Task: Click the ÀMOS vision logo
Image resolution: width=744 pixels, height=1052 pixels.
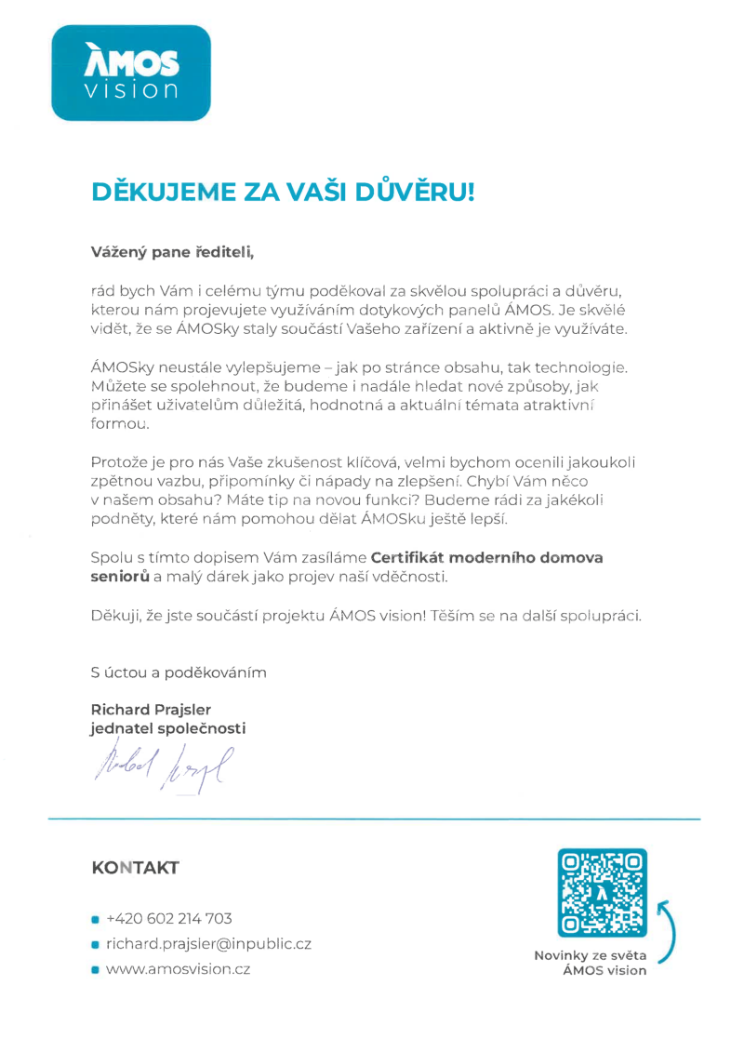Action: pos(131,73)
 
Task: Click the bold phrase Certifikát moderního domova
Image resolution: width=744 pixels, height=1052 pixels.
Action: pos(487,558)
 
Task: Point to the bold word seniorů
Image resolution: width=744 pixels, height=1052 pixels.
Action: pos(121,578)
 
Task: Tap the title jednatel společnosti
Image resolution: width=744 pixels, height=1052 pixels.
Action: pos(168,729)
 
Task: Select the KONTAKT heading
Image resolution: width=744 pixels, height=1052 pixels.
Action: pos(135,868)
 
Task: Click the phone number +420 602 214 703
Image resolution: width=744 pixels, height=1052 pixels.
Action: pos(169,919)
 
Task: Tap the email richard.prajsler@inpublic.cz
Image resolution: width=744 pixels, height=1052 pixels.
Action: pos(208,944)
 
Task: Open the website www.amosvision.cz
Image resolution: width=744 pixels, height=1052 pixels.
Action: pos(179,969)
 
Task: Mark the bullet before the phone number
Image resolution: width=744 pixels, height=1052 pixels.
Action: pos(95,920)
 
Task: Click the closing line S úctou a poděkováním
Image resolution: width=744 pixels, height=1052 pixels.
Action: pos(179,672)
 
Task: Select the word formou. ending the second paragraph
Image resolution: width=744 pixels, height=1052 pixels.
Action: pos(119,423)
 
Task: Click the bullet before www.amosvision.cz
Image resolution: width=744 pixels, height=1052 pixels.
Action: pos(95,970)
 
